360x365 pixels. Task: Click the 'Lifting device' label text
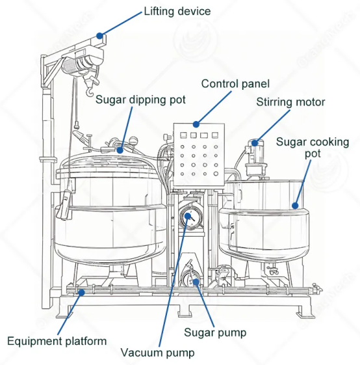coord(177,11)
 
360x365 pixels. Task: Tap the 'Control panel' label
coord(235,84)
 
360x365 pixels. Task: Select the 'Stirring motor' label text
coord(290,102)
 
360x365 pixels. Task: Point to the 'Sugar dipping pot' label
coord(140,100)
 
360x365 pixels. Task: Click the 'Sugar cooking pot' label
coord(313,148)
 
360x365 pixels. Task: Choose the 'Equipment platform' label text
coord(57,342)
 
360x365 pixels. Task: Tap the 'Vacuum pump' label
coord(157,353)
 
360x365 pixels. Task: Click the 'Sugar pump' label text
coord(215,332)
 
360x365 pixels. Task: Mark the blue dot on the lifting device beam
coord(100,36)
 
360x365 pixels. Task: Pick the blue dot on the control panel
coord(196,124)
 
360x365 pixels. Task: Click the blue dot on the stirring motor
coord(255,142)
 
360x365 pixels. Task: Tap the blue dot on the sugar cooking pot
coord(295,206)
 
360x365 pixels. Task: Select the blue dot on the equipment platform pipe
coord(81,292)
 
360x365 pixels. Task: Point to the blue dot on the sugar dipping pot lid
coord(120,150)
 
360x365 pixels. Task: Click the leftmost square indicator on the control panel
coord(183,135)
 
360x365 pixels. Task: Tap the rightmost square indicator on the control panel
coord(215,135)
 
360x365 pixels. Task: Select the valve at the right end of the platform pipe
coord(315,290)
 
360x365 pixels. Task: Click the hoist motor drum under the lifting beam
coord(71,66)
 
